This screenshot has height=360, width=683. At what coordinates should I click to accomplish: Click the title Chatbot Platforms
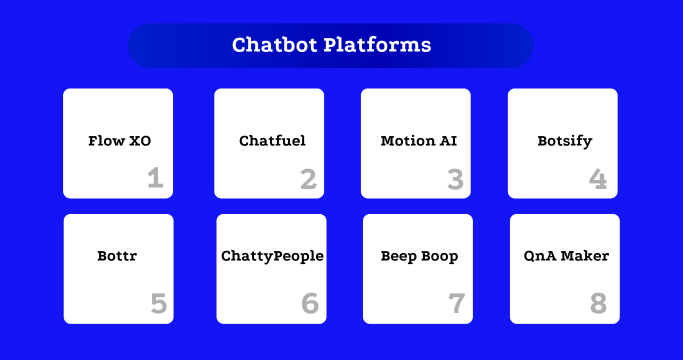[331, 45]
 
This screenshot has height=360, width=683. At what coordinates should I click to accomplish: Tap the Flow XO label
[119, 141]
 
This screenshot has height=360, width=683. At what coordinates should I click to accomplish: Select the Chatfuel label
[272, 141]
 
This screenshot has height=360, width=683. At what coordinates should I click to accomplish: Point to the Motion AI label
[418, 141]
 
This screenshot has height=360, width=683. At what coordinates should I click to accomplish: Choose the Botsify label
[564, 141]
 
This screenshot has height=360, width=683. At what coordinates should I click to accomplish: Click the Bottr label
[118, 256]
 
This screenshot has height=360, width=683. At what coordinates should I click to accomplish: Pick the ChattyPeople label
[272, 256]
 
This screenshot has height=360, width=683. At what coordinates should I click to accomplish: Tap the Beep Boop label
[419, 256]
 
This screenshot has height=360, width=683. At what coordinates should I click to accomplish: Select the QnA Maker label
[566, 256]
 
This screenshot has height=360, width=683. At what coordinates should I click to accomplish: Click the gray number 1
[155, 179]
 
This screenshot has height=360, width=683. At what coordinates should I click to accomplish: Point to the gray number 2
[308, 180]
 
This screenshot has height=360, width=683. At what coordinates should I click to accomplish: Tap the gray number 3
[455, 180]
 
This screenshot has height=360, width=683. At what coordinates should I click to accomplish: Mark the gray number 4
[598, 180]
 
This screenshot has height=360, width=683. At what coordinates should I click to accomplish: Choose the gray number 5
[158, 303]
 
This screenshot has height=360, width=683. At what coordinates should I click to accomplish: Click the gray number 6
[309, 303]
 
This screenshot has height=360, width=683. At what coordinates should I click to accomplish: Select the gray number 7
[456, 303]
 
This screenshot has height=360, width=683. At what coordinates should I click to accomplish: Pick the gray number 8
[600, 303]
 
